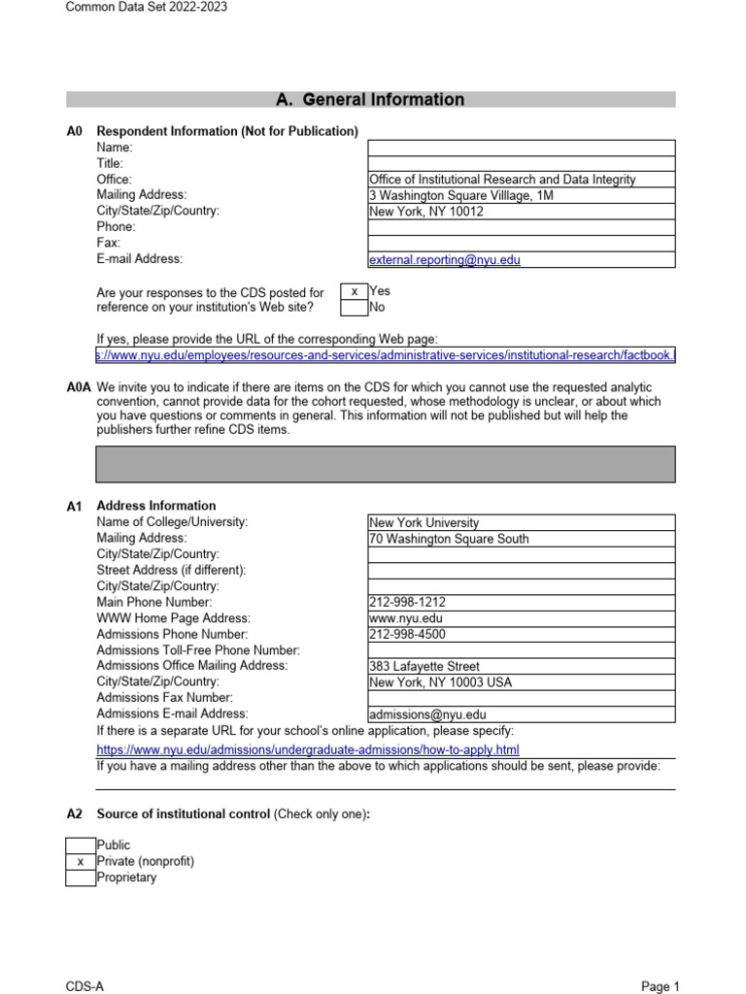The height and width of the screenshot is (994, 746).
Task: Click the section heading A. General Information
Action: [370, 99]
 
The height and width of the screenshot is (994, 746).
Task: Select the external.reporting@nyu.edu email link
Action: [451, 260]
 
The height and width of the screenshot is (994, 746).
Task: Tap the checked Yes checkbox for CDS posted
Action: [354, 291]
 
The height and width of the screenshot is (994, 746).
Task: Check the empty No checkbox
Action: [354, 308]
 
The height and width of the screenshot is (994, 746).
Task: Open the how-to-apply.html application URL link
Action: [308, 749]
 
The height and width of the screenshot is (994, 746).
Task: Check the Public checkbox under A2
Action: [81, 845]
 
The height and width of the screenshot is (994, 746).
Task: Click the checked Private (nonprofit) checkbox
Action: [81, 861]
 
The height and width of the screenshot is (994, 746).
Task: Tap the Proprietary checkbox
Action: [81, 878]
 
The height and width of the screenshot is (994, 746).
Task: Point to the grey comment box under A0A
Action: [386, 464]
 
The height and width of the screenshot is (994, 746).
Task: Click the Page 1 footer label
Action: [661, 986]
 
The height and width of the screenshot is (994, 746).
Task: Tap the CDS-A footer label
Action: [85, 986]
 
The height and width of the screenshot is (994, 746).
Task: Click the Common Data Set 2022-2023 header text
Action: [147, 8]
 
